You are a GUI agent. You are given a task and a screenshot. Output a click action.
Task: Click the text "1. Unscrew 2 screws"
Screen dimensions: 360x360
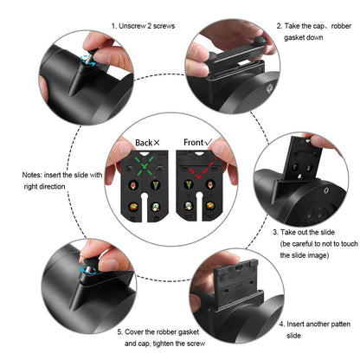tap(143, 26)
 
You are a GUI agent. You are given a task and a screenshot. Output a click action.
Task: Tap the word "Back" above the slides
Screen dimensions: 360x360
tap(144, 143)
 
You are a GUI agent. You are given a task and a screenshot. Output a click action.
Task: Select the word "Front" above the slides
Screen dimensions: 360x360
tap(194, 142)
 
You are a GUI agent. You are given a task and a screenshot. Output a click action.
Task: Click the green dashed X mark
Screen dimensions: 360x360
tap(145, 165)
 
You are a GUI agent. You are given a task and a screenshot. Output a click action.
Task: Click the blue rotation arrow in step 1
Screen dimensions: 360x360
tap(87, 61)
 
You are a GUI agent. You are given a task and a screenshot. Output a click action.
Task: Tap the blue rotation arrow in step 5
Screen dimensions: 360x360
tap(88, 269)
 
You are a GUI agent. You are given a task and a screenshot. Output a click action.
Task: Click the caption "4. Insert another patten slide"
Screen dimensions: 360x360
tap(315, 330)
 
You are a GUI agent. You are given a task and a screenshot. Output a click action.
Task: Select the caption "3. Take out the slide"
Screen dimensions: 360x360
tap(304, 232)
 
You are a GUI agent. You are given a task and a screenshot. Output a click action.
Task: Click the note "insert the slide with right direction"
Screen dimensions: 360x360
tap(62, 181)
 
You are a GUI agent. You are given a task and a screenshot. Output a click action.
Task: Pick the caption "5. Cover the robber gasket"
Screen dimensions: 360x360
tap(158, 332)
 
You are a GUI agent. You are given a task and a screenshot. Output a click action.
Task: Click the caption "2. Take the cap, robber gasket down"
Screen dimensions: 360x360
tap(314, 32)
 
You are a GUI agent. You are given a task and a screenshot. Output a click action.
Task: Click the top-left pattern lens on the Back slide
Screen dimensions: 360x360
tap(133, 184)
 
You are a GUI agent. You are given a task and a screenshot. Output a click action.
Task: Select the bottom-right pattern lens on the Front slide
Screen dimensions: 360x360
tap(209, 205)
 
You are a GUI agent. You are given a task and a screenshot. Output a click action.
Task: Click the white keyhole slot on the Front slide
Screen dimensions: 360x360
tap(198, 206)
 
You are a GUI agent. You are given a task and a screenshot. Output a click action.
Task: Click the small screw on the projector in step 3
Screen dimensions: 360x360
tap(326, 190)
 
